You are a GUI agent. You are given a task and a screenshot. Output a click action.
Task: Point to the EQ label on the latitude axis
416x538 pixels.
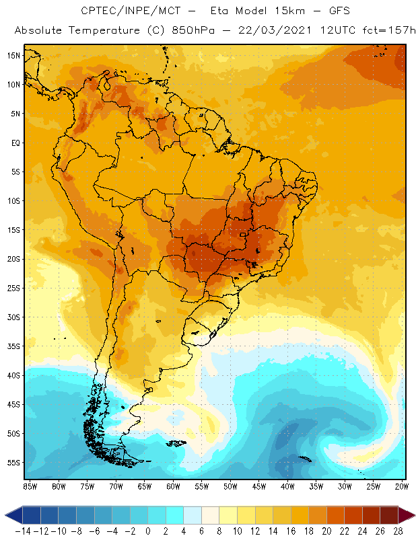(x=14, y=143)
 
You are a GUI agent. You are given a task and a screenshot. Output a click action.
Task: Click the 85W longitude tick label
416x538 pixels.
(x=30, y=486)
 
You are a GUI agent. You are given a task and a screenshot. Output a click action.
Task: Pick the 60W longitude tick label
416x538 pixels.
(x=173, y=486)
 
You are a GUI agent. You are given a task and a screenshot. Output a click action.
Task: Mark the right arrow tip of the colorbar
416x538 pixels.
(x=413, y=515)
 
